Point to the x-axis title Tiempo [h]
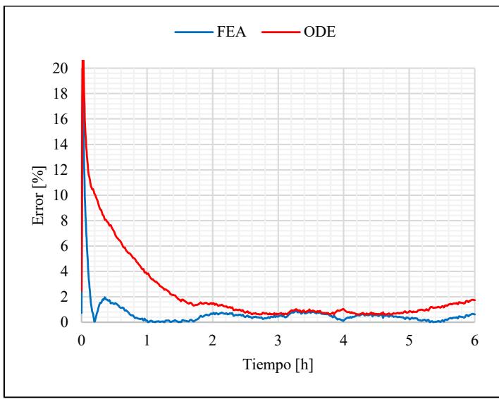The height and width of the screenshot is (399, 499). coord(278,366)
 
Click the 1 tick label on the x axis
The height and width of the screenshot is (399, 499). coord(147,340)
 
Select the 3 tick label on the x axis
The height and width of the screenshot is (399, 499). coord(278,340)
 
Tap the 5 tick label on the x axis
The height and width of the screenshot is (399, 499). coord(409,340)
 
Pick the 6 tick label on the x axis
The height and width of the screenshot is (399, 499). coord(474,340)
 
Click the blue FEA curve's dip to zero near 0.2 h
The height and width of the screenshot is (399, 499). coord(94,321)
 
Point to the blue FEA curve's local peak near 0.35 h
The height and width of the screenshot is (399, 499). coord(104,297)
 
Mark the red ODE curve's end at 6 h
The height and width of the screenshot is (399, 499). coord(474,300)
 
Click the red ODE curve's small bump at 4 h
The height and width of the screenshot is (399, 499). coord(343,309)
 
